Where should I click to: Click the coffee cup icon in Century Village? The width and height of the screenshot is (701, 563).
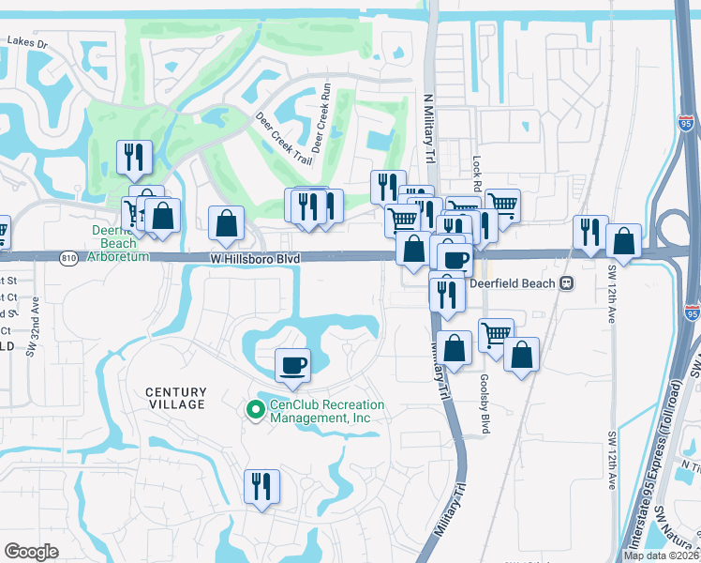tap(292, 364)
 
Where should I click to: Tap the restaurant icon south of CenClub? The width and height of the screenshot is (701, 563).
tap(260, 485)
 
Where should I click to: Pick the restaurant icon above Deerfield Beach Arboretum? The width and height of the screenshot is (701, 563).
tap(133, 157)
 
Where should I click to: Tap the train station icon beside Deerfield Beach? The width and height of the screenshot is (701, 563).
tap(566, 283)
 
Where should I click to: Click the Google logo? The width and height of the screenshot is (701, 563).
tap(31, 551)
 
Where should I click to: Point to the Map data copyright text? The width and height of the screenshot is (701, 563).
tap(661, 555)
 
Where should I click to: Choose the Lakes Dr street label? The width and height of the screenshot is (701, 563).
tap(26, 42)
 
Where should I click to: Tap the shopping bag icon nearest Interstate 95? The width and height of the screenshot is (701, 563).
tap(623, 241)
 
